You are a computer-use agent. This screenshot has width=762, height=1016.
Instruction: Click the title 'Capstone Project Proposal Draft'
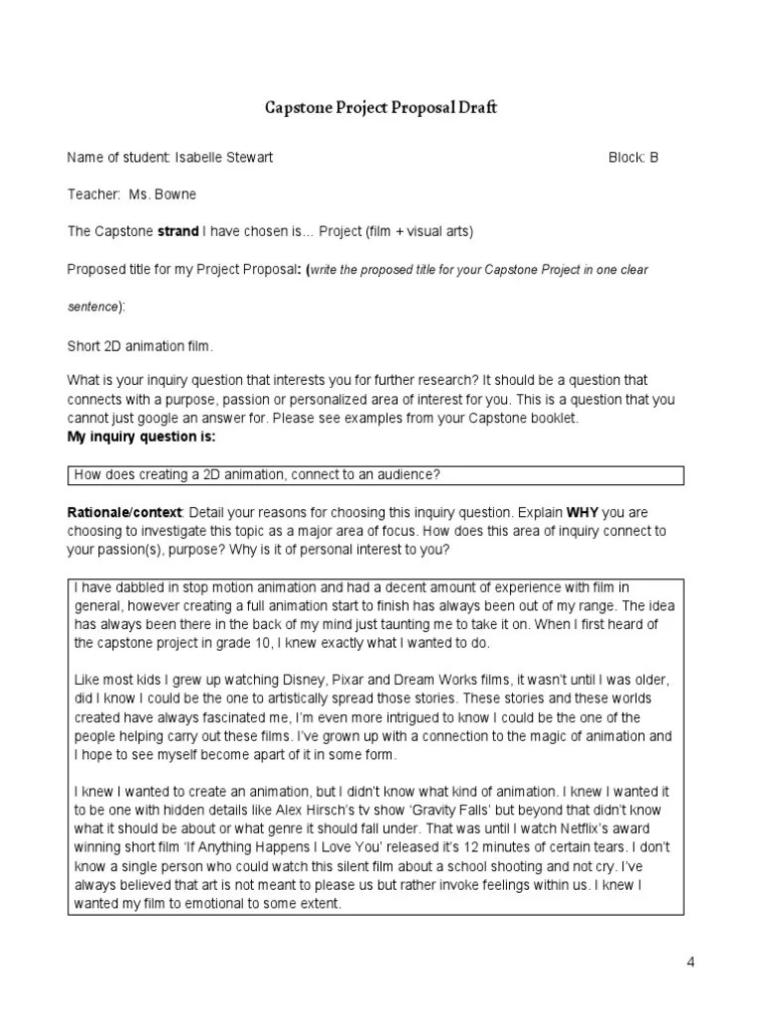coord(380,108)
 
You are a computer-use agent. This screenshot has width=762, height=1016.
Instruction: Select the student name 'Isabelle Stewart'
coord(223,158)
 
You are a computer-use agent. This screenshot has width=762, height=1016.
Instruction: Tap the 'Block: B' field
coord(633,158)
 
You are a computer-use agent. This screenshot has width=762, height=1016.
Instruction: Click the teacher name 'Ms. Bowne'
coord(163,194)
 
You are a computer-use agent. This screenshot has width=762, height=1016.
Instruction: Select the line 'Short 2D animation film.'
coord(140,346)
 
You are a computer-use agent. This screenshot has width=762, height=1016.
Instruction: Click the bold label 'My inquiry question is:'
coord(141,437)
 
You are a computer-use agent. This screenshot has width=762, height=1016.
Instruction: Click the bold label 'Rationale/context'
coord(124,512)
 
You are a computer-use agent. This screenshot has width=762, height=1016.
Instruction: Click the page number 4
coord(691,962)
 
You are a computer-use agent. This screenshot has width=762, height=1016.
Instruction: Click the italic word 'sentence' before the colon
coord(92,308)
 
